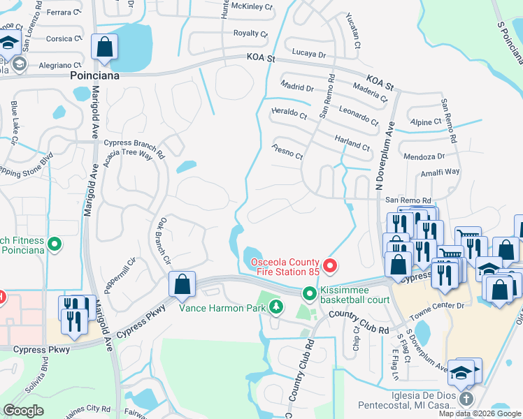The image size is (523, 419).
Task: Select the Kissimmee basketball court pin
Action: [x=308, y=293]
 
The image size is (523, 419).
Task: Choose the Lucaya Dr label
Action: [x=309, y=54]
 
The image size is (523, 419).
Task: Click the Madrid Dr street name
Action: [x=299, y=88]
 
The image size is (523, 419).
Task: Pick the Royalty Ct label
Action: [x=250, y=33]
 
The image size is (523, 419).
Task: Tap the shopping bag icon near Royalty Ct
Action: [x=105, y=47]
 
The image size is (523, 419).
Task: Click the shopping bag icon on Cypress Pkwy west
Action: [x=182, y=284]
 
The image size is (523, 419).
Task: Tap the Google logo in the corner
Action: [x=23, y=411]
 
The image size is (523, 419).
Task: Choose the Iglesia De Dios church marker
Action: [x=466, y=399]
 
